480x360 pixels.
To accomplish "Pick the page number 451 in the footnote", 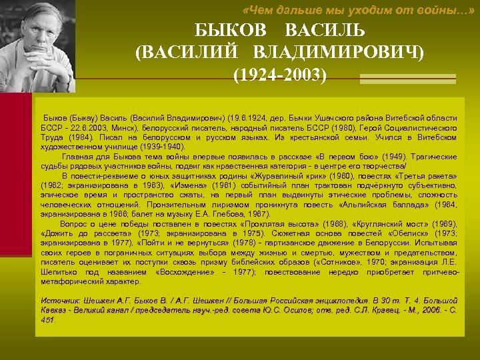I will tap(48, 320).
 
